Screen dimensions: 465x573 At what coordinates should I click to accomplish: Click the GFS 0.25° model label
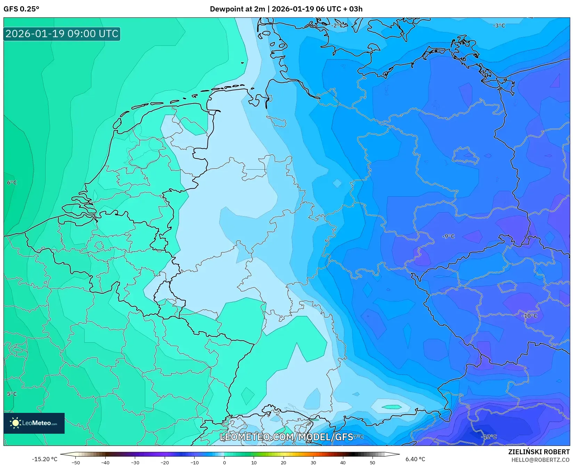(21, 9)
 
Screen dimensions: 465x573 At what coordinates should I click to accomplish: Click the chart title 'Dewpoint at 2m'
(237, 9)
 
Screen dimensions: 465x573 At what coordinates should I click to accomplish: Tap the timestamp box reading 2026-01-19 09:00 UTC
(62, 34)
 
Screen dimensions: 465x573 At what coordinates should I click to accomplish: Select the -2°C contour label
(337, 26)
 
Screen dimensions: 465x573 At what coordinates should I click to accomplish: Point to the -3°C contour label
(499, 26)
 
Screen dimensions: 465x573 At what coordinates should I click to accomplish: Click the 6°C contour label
(12, 183)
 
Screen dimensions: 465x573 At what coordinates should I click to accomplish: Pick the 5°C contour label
(12, 394)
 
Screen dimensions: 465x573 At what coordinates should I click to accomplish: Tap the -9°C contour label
(448, 236)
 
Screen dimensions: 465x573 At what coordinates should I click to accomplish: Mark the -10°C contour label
(530, 316)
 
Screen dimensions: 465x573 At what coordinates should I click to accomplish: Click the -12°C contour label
(489, 437)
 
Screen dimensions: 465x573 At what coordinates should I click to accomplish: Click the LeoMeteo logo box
(34, 423)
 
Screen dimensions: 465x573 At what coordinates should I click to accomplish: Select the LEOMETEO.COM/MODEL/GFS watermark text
(286, 437)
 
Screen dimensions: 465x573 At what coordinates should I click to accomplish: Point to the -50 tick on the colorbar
(75, 462)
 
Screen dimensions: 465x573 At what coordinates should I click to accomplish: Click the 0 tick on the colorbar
(224, 462)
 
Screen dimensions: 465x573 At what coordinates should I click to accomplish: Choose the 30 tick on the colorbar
(313, 462)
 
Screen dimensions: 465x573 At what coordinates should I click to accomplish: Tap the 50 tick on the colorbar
(373, 462)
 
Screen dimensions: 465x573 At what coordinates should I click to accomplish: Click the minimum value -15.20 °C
(44, 459)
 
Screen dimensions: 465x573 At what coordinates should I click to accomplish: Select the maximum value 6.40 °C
(415, 459)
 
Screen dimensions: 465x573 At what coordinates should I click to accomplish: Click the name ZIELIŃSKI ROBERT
(539, 452)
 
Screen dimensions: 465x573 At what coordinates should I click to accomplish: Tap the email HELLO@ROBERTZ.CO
(540, 460)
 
